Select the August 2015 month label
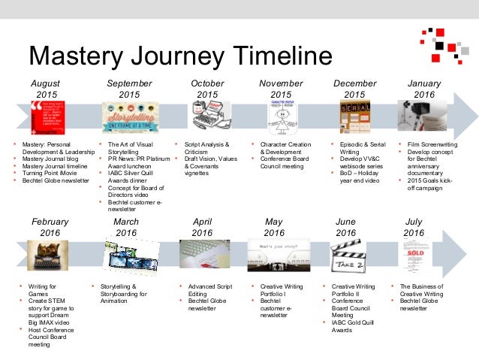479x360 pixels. (x=47, y=89)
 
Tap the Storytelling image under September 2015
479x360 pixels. (x=129, y=117)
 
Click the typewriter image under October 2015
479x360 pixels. (x=207, y=117)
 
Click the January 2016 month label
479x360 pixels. (x=424, y=89)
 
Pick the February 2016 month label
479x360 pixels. (x=50, y=228)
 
